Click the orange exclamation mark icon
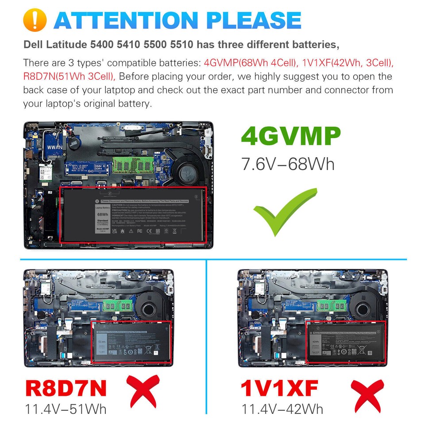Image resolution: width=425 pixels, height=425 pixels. tap(35, 19)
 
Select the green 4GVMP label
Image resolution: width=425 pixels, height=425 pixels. tap(291, 137)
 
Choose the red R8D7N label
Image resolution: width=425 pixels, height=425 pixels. tap(66, 388)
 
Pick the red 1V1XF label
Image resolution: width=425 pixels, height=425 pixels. tap(279, 388)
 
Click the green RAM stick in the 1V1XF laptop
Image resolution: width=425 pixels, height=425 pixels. tap(332, 305)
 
